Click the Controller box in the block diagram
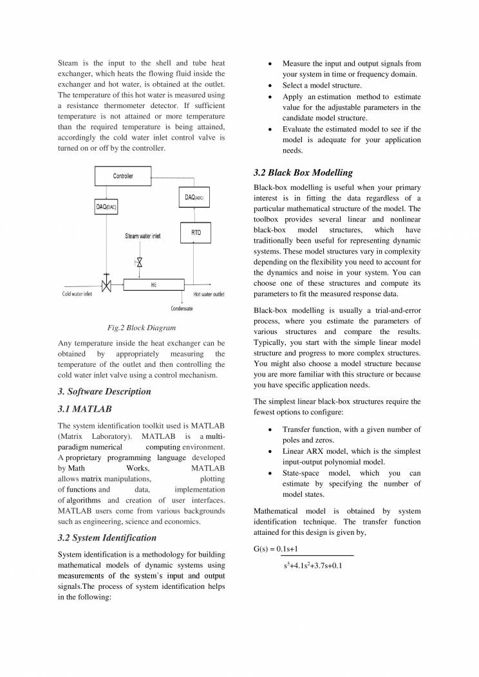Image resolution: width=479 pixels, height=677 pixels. coord(122,176)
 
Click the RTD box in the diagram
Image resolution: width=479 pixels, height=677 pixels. coord(196,232)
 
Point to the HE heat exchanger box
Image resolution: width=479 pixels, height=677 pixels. coord(153,284)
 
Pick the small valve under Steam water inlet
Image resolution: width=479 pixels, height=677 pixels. coord(138,262)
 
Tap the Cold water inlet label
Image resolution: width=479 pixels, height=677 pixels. coord(77,294)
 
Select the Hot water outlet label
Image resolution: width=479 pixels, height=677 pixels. coord(209,294)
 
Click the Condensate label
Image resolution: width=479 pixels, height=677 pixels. coord(182,308)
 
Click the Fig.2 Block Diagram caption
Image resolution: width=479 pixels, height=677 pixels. coord(141,328)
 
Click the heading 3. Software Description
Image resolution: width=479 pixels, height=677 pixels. coord(104,391)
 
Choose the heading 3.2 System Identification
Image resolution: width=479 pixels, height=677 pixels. coord(107,537)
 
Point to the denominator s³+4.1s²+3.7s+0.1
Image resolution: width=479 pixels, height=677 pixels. coord(312,566)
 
